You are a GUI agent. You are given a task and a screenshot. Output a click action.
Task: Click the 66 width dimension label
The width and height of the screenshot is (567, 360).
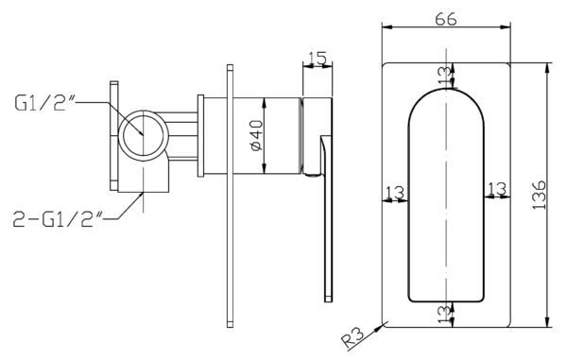445,19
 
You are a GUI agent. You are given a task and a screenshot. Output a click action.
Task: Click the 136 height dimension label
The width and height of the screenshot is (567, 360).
540,195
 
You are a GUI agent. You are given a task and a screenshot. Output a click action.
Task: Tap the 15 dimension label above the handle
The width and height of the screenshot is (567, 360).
318,59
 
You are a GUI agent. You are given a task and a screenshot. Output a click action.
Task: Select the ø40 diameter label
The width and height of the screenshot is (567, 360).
256,135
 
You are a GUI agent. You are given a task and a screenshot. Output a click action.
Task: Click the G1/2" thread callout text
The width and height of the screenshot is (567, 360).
44,103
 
